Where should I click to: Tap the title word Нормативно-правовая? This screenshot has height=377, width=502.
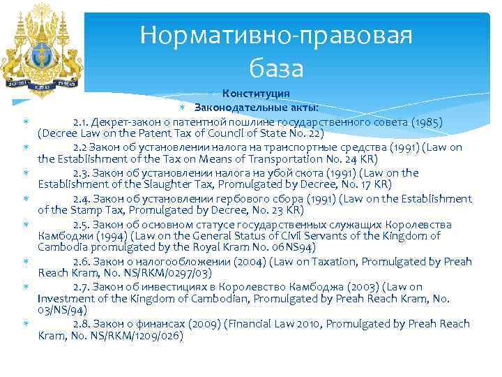(x=276, y=35)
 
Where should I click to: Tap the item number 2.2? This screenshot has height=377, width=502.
(x=81, y=147)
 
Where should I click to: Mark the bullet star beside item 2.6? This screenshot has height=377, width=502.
(x=25, y=261)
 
